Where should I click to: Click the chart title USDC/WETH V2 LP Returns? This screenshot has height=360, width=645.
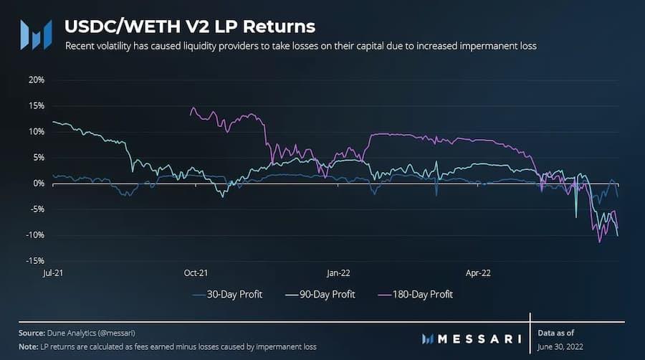(189, 27)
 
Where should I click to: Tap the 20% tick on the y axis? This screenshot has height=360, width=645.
(36, 80)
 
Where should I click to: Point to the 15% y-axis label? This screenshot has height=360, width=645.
(36, 105)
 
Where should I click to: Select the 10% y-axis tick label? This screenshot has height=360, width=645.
(36, 131)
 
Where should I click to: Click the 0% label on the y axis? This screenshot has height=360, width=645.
(38, 184)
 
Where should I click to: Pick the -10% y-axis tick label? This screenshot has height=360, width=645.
(34, 235)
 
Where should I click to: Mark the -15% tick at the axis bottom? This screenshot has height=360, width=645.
(34, 261)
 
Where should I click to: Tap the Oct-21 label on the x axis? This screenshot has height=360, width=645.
(196, 273)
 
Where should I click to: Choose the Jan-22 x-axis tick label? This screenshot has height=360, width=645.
(338, 273)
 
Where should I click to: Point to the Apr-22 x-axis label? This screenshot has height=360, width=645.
(478, 273)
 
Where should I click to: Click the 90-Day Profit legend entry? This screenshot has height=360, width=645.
(322, 294)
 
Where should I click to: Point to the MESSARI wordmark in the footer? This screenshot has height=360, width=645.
(476, 338)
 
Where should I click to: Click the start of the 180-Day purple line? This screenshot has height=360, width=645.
(191, 113)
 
